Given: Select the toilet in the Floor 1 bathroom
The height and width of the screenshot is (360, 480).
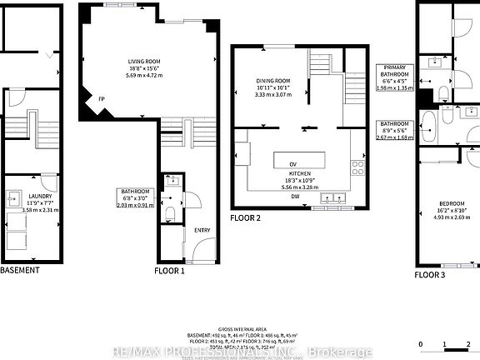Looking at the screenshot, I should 170,213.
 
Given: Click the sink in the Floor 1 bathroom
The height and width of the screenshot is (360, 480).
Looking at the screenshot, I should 172,181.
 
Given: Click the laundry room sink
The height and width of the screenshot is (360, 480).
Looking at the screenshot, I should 14,199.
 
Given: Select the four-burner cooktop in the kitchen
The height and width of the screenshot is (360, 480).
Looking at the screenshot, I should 358,169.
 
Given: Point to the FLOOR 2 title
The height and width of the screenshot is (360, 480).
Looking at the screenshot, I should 246,218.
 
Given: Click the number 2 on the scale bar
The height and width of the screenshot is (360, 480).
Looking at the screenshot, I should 468,344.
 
